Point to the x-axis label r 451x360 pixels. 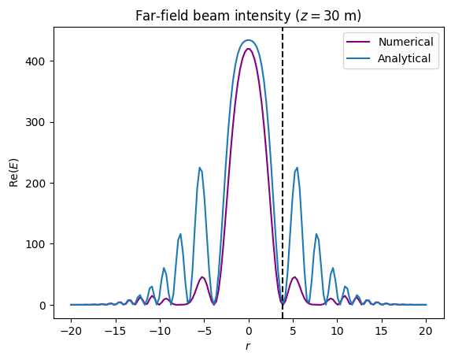(249, 347)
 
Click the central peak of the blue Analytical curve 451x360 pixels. (249, 40)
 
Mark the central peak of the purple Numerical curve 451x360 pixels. (249, 49)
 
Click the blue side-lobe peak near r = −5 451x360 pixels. (200, 168)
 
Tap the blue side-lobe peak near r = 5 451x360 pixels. (297, 168)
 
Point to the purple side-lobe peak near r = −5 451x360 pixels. (202, 277)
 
